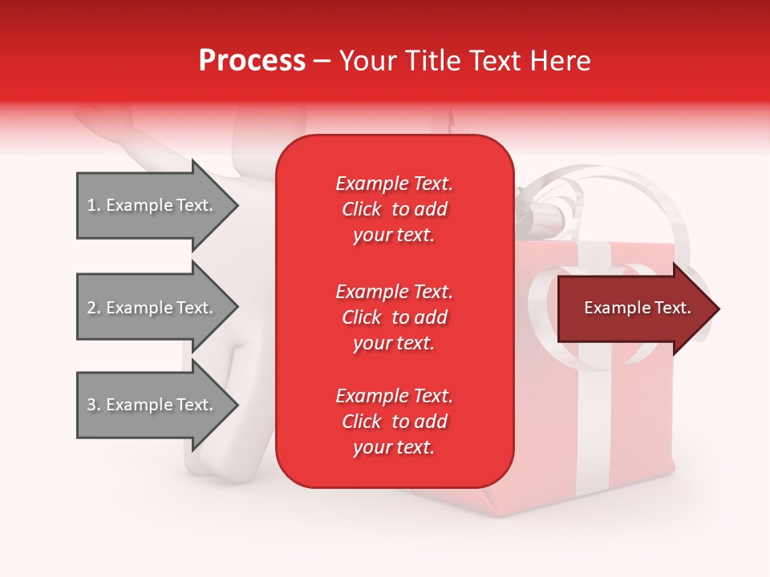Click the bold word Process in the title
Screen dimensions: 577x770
click(x=252, y=61)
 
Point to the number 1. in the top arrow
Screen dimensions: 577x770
click(x=94, y=205)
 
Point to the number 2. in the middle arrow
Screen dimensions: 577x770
click(x=94, y=308)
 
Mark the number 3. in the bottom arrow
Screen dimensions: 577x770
click(x=94, y=405)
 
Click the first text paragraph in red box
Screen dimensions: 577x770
click(x=394, y=209)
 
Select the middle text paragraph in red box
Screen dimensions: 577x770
click(x=394, y=317)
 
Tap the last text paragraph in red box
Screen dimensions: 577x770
click(x=394, y=422)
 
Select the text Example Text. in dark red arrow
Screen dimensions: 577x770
click(x=638, y=309)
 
